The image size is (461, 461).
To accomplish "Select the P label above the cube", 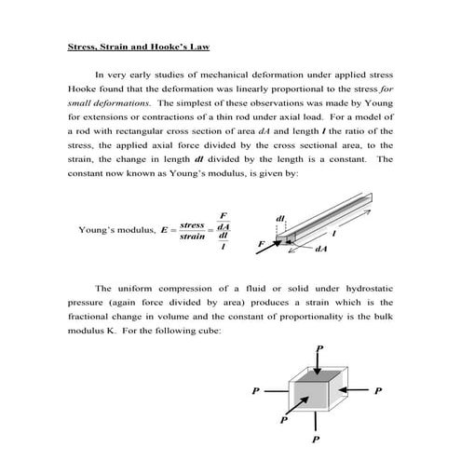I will coord(319,346).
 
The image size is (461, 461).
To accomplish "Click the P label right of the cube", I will coord(378,390).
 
